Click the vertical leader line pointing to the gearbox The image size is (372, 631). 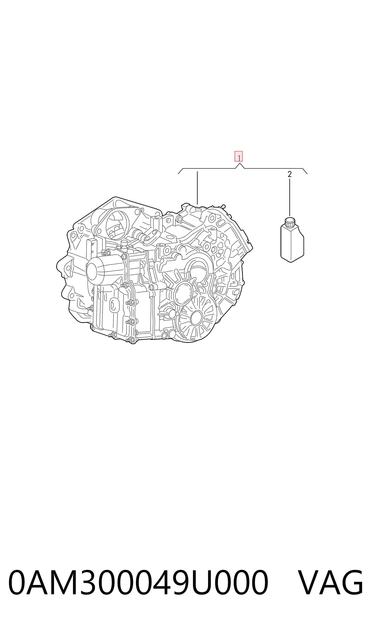197,188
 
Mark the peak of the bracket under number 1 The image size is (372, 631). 240,163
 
